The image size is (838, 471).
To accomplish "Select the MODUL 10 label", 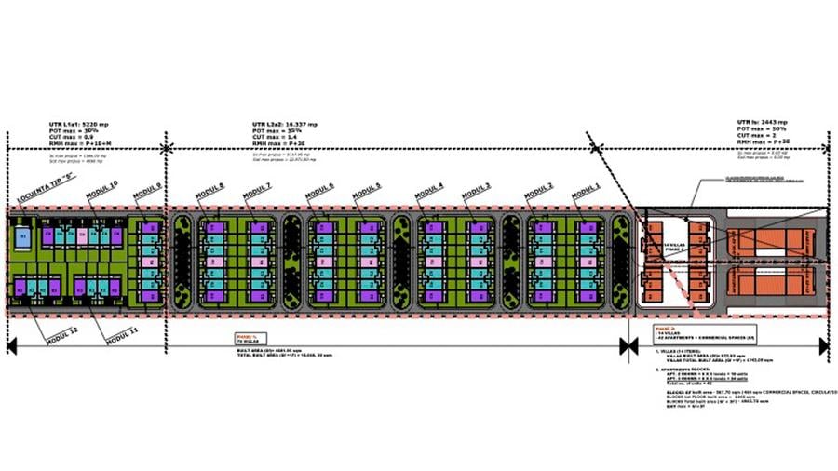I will coord(101,192).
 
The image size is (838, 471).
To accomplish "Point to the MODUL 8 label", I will coord(209,193).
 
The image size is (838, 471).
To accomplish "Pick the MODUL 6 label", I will coord(318,193).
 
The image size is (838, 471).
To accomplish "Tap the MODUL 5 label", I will coord(366,193).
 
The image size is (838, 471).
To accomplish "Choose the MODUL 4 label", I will coord(428,193).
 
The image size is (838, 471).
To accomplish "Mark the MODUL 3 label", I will coord(476,193).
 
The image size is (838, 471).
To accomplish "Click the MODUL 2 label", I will coord(538,193).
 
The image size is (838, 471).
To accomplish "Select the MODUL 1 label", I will coord(586,193).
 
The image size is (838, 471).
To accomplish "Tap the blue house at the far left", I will coord(24,238).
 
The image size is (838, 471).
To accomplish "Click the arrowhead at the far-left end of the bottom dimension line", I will coord(11,347).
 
